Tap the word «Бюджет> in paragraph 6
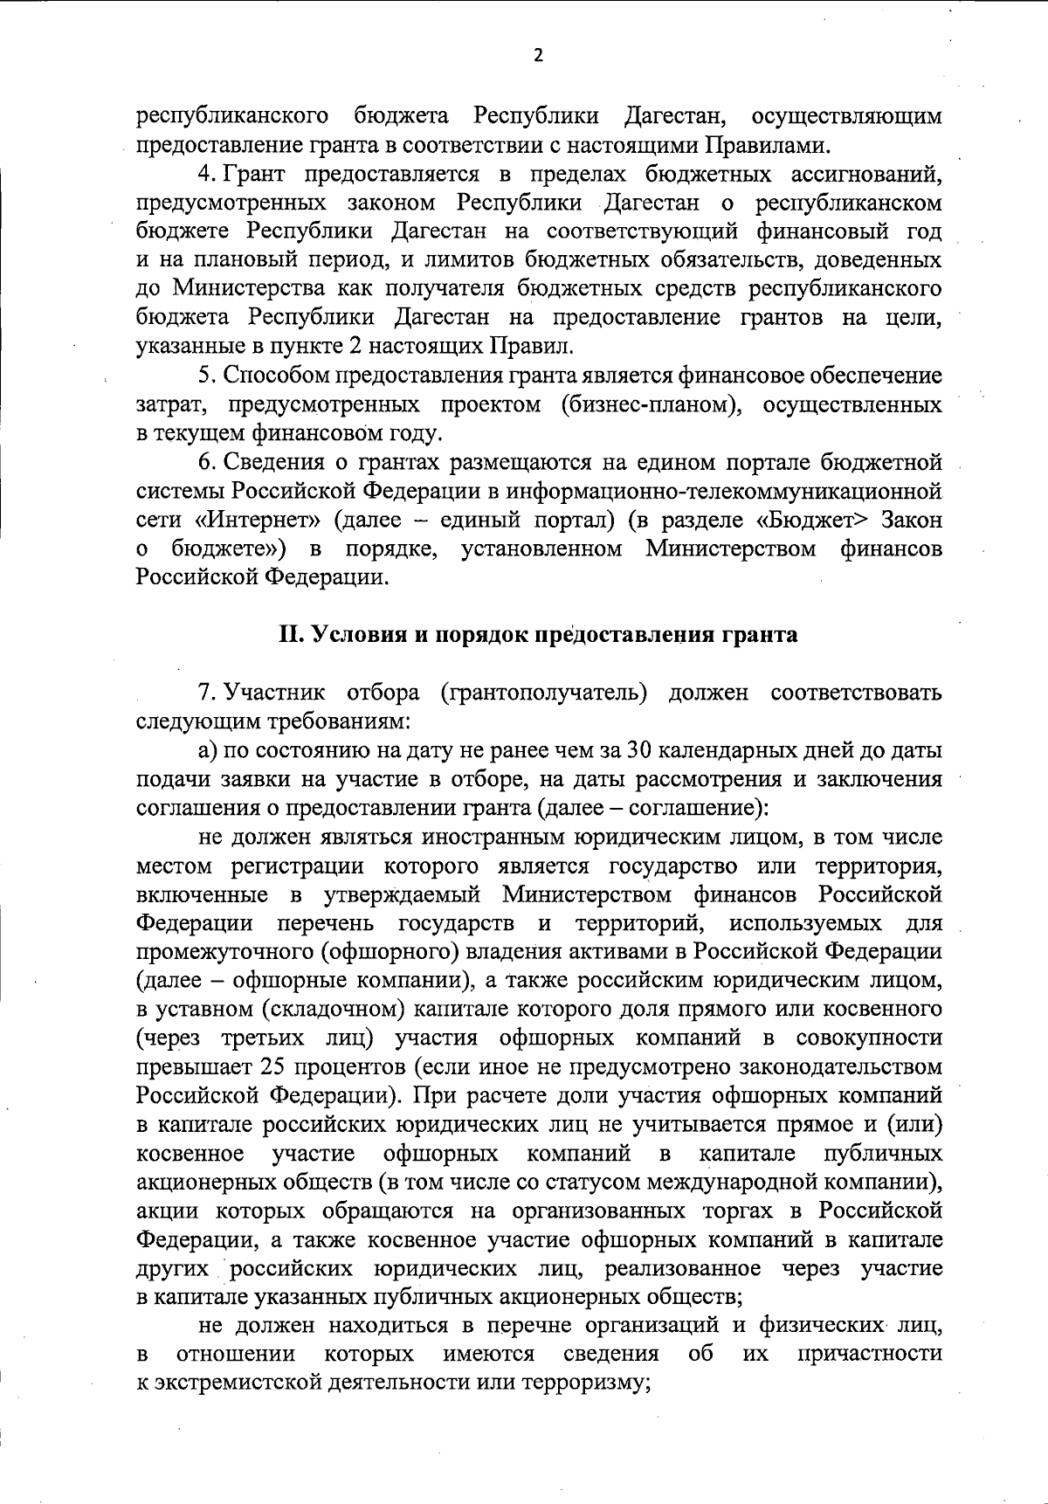pos(814,521)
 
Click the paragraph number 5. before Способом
pos(207,376)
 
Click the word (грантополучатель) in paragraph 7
pos(542,693)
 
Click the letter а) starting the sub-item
pos(208,751)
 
